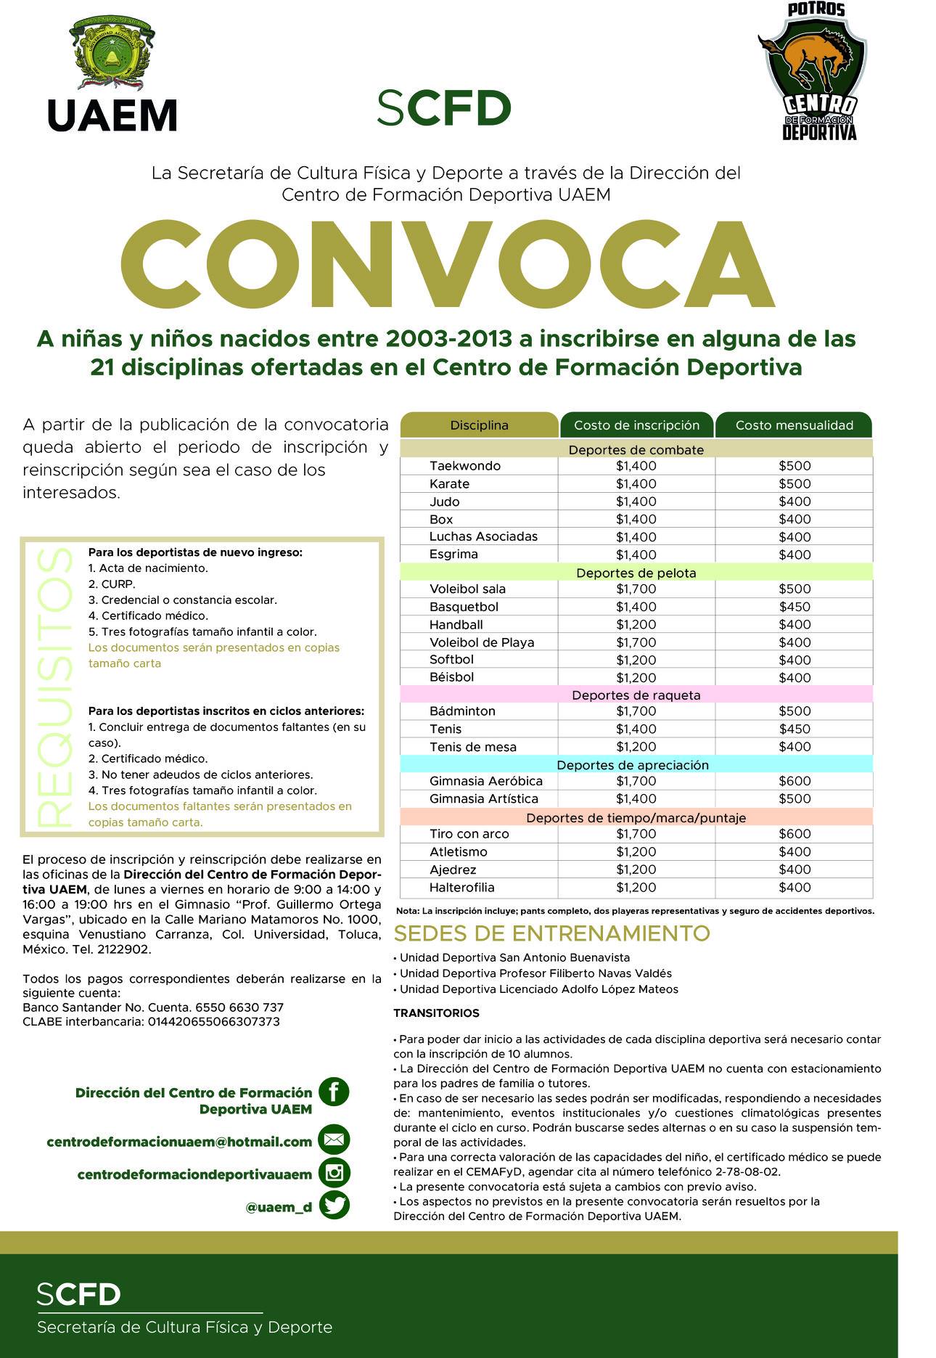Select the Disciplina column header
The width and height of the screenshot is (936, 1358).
479,425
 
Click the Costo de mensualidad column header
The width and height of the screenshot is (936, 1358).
794,425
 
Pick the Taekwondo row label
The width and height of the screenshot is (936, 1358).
464,466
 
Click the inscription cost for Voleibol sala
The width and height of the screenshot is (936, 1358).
636,589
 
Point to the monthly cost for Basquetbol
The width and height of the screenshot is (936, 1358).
795,607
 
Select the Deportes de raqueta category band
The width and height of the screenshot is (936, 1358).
636,695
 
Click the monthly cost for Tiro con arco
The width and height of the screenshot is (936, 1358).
795,834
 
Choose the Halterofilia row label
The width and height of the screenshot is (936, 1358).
461,887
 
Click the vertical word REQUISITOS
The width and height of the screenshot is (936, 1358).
54,687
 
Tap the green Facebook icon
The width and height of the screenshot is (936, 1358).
334,1091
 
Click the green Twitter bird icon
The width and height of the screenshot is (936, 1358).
334,1206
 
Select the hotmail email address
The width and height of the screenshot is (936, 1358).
179,1142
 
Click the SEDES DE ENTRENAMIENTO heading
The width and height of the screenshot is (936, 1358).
551,933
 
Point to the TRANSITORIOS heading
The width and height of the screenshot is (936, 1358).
436,1013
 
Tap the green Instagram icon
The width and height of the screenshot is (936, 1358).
334,1173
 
